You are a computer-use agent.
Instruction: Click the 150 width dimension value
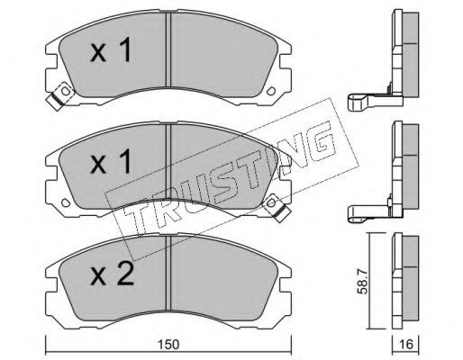(168, 345)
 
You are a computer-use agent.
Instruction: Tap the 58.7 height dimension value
(363, 283)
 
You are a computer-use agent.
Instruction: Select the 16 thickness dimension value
(406, 345)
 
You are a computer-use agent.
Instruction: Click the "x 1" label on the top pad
(111, 49)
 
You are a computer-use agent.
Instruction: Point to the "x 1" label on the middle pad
(111, 161)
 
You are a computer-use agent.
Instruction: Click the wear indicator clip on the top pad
(61, 95)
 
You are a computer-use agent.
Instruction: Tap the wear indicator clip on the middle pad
(277, 207)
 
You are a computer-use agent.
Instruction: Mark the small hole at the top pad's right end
(271, 91)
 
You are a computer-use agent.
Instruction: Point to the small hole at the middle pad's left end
(66, 202)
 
